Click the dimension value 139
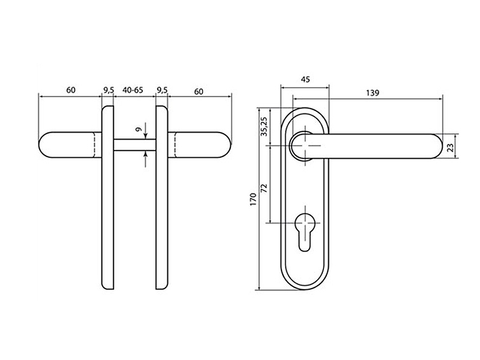click(373, 93)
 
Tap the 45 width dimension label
click(305, 80)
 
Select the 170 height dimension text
click(253, 199)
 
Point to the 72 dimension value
click(265, 188)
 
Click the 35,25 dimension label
click(265, 127)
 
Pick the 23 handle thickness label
click(451, 148)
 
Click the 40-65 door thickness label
click(133, 91)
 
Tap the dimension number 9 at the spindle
click(139, 130)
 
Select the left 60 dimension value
click(71, 91)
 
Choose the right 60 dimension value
click(199, 92)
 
